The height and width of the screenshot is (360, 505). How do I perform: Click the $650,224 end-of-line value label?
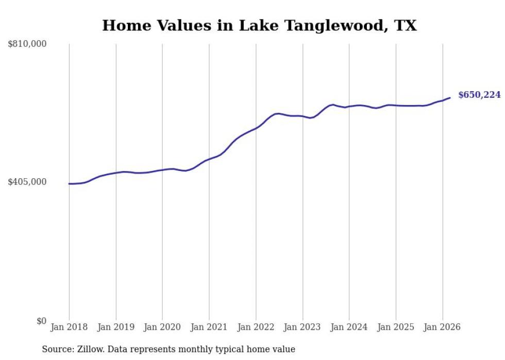(x=479, y=95)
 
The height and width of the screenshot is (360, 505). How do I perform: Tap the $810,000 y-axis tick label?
(x=27, y=44)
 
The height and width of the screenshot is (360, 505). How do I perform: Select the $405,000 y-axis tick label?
(x=27, y=182)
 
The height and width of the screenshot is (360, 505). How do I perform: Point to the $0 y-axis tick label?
(x=41, y=321)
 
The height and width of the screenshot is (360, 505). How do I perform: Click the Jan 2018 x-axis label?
(x=69, y=327)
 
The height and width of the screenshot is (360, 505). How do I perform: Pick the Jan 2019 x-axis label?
(x=116, y=327)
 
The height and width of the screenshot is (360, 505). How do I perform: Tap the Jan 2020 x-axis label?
(x=162, y=327)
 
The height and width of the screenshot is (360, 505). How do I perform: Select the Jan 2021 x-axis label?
(x=209, y=327)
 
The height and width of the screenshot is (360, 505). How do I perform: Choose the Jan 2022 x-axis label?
(x=256, y=327)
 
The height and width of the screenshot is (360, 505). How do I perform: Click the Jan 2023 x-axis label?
(x=302, y=327)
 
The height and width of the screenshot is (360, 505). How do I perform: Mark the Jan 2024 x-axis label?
(x=349, y=327)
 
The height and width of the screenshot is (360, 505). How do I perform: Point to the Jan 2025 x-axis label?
(x=396, y=327)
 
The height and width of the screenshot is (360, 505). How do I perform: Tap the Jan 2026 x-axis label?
(x=442, y=327)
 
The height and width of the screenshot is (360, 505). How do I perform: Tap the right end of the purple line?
(x=450, y=98)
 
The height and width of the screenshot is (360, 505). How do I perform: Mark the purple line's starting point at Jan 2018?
(x=69, y=183)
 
